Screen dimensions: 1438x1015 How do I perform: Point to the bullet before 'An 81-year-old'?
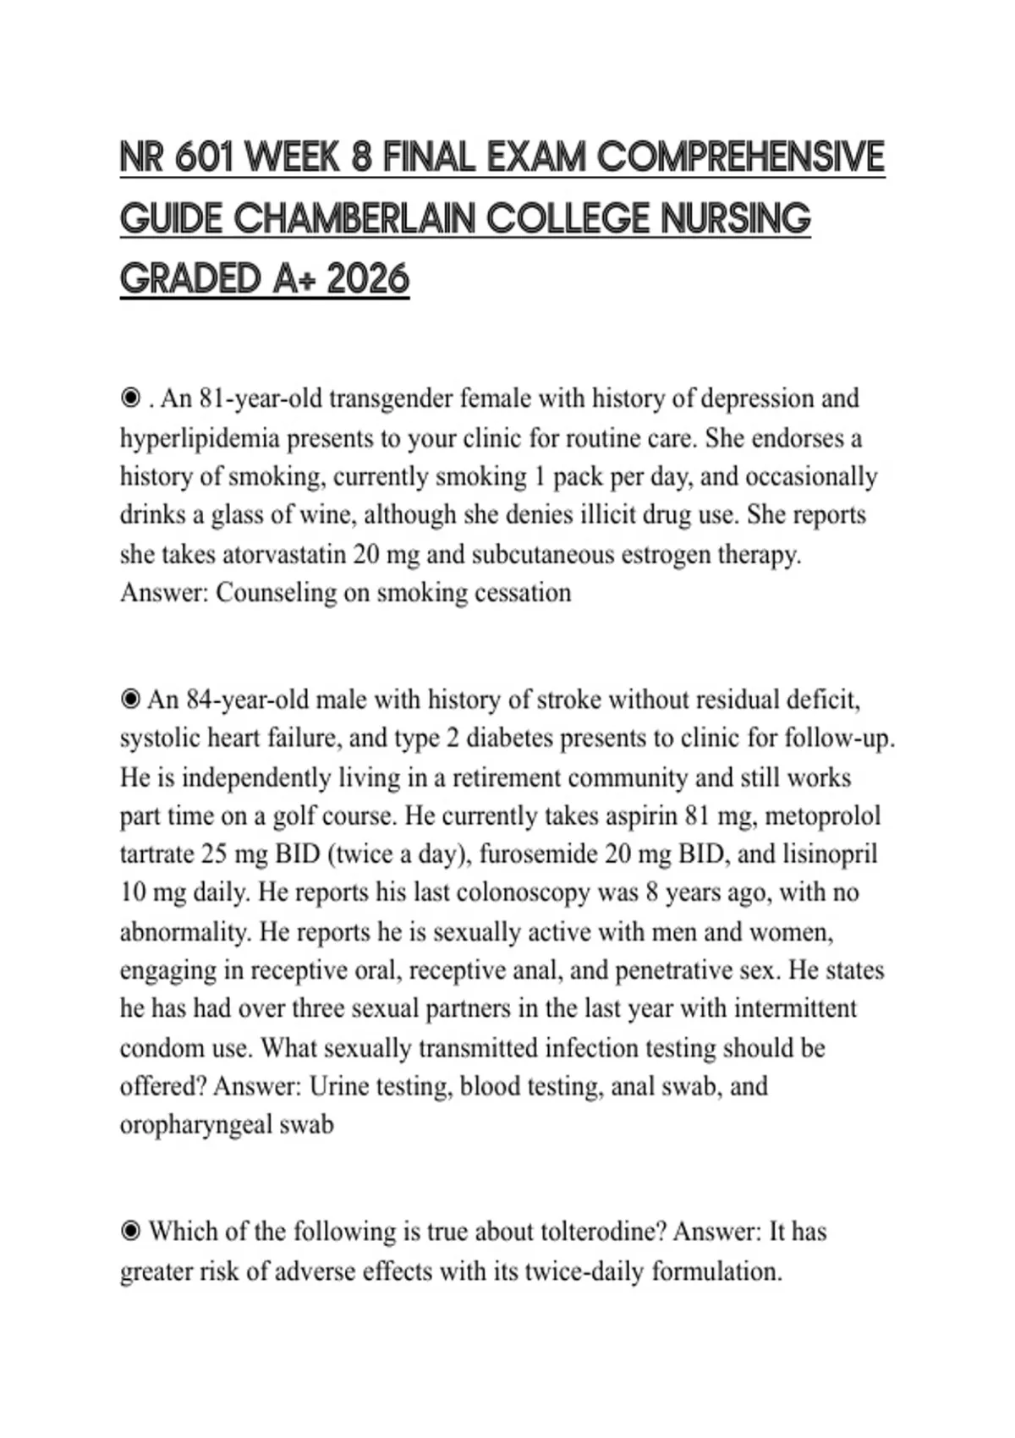click(x=130, y=398)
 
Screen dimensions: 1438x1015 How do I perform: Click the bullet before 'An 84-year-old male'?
click(x=130, y=700)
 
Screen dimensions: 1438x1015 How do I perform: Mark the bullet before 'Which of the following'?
click(x=130, y=1232)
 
